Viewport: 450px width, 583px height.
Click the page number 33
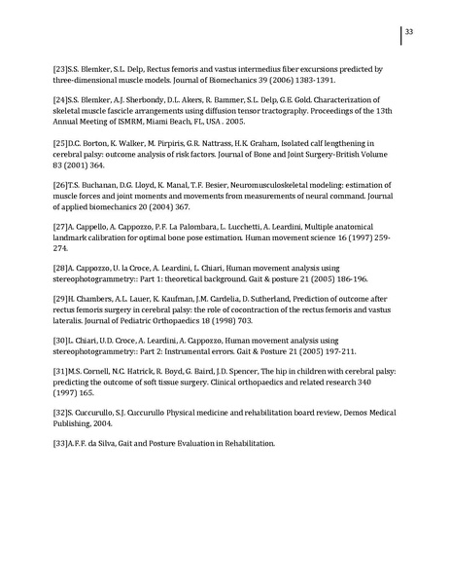(410, 33)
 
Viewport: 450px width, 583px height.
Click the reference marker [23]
(60, 70)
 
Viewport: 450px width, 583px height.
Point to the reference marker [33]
(60, 444)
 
